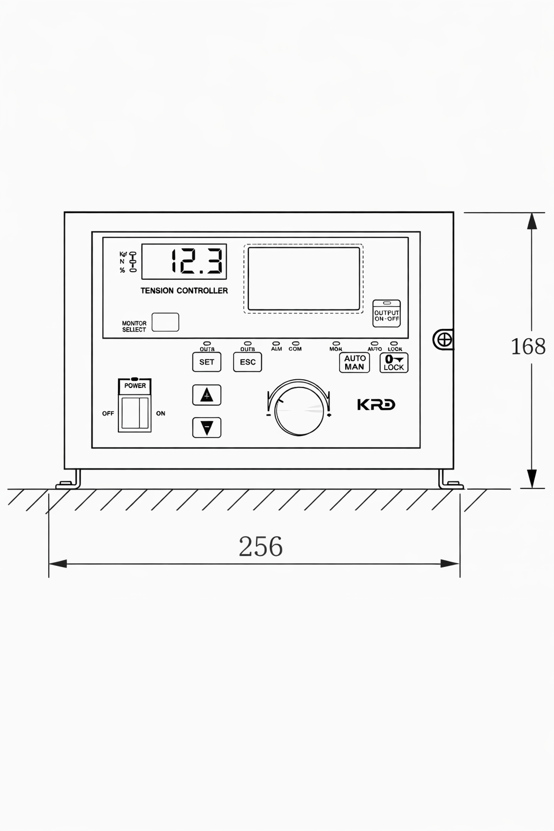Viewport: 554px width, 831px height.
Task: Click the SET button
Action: click(x=207, y=362)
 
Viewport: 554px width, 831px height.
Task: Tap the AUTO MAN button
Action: click(x=354, y=362)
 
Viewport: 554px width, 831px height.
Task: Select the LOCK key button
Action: click(x=394, y=362)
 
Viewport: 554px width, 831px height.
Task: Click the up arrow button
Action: click(x=207, y=395)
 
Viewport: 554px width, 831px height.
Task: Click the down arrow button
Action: click(x=207, y=427)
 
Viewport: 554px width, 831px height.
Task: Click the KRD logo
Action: click(x=376, y=405)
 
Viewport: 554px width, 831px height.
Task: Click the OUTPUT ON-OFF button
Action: click(x=387, y=314)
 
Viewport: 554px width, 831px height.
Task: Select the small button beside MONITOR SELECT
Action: click(x=165, y=322)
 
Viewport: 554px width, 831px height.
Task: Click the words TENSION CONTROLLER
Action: click(x=184, y=291)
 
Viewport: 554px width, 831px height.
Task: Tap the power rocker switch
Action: click(x=135, y=413)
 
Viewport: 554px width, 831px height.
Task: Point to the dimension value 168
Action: click(x=528, y=346)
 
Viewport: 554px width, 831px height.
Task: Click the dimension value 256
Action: click(x=261, y=546)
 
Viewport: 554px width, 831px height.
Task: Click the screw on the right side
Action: click(x=444, y=340)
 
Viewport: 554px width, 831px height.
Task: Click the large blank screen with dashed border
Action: click(x=304, y=279)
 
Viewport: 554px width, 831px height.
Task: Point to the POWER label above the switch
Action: click(x=135, y=386)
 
